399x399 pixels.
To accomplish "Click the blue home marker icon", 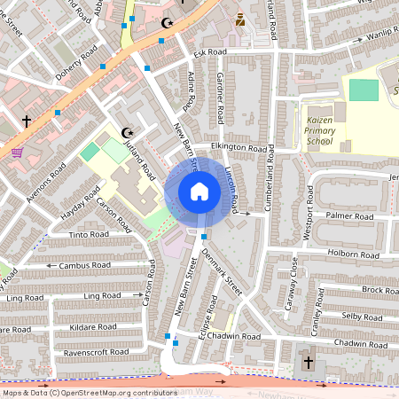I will (199, 192).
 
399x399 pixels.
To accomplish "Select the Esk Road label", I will (210, 53).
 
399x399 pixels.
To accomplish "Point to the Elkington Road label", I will (239, 149).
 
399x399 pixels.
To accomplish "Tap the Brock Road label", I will (379, 290).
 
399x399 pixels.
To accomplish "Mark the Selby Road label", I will (362, 316).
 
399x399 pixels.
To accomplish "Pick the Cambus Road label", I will (84, 265).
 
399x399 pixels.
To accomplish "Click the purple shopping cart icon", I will (17, 152).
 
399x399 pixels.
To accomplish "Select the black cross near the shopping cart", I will (27, 120).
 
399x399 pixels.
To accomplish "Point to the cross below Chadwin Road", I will (309, 363).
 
